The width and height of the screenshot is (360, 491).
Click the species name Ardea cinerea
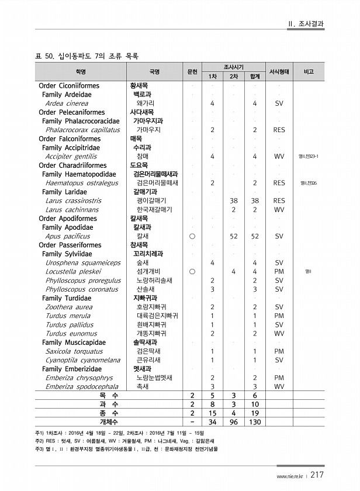(67, 103)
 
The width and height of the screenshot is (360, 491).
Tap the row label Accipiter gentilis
(71, 157)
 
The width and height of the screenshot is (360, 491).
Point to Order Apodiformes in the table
(68, 219)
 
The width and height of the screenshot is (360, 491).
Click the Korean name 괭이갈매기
(148, 201)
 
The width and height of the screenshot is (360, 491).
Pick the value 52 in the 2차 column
(234, 237)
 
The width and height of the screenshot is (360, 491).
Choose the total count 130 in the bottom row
(255, 421)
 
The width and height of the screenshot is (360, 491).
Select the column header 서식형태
(279, 72)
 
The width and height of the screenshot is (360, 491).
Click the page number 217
(317, 475)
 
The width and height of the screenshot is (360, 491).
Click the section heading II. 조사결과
(306, 24)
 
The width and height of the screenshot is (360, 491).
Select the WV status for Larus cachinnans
(279, 210)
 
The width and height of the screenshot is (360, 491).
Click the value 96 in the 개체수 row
(233, 421)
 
